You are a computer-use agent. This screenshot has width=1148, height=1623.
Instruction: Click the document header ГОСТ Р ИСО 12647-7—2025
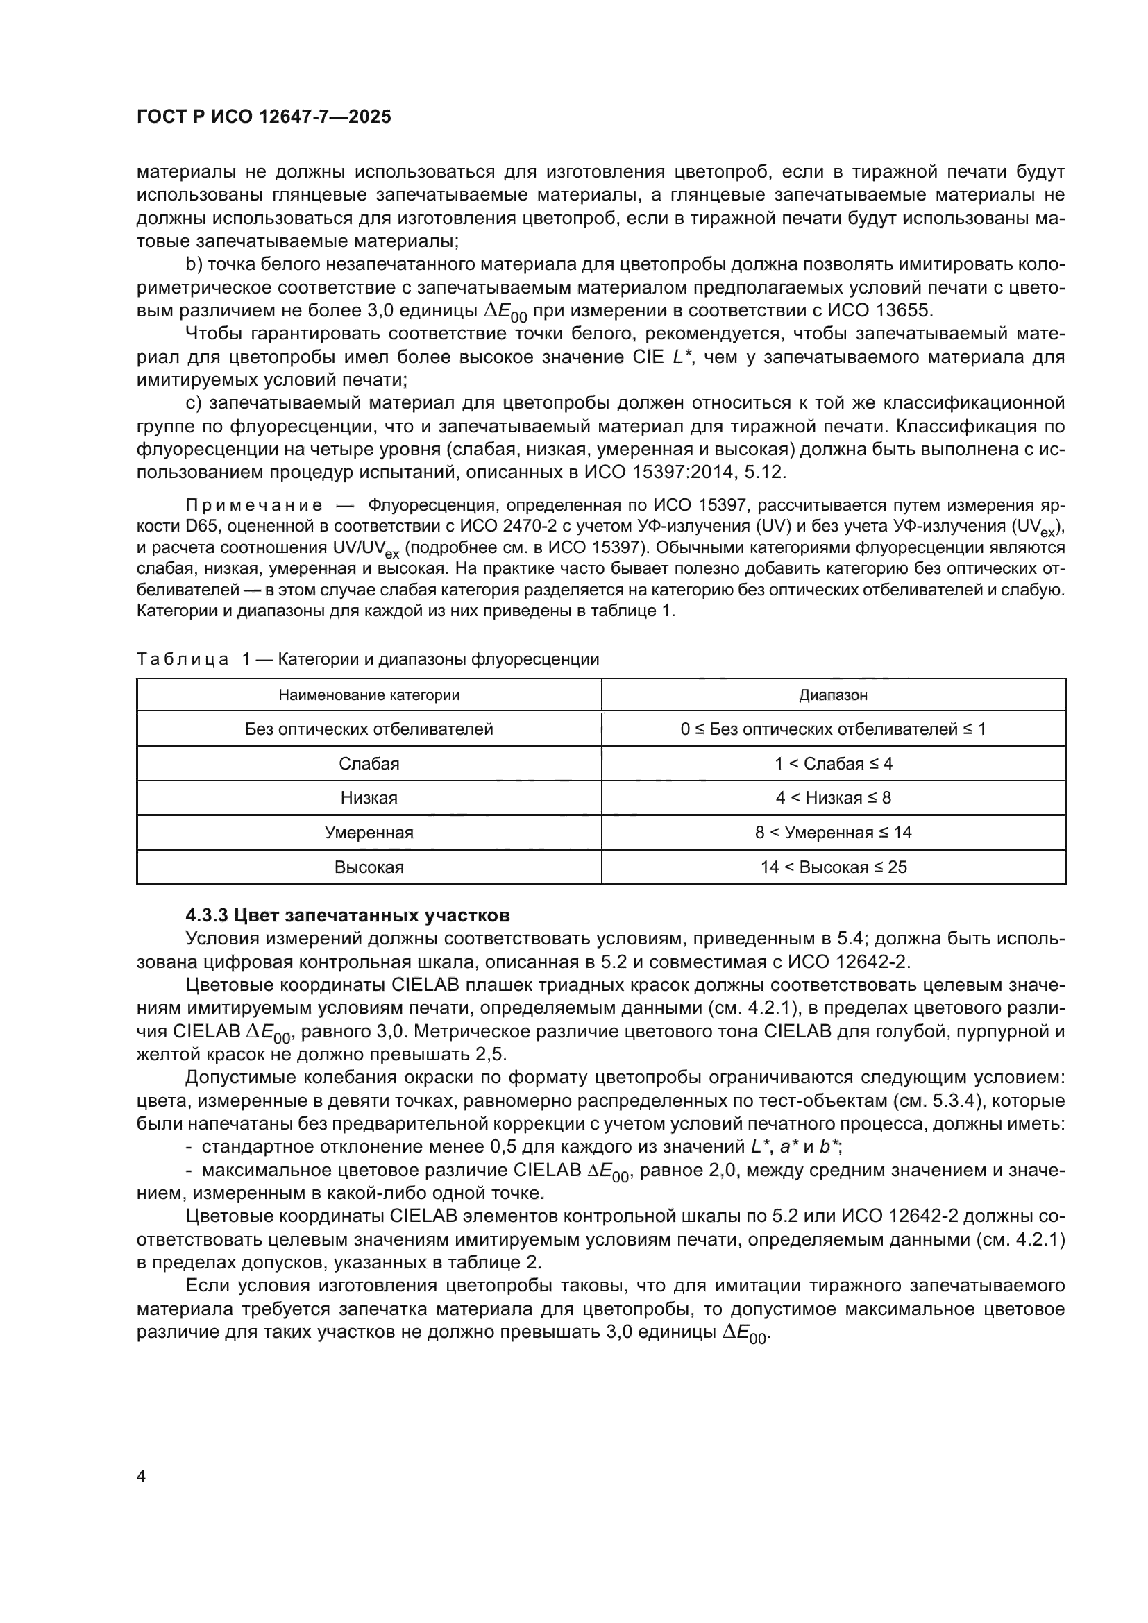coord(264,117)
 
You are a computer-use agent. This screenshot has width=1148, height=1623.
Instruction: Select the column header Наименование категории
coord(369,695)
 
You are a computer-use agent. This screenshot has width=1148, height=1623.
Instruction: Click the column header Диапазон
coord(834,695)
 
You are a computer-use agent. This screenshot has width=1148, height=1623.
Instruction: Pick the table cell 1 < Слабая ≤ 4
coord(834,763)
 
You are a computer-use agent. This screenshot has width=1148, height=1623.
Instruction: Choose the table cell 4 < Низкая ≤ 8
coord(834,798)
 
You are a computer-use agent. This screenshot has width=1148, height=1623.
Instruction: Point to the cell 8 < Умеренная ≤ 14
coord(834,832)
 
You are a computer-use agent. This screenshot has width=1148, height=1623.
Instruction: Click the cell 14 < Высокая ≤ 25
coord(834,867)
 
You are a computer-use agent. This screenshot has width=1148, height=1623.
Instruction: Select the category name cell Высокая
coord(369,867)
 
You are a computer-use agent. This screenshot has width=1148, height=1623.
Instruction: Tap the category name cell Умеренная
coord(369,832)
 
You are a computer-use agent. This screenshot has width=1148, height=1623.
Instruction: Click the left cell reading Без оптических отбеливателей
coord(369,729)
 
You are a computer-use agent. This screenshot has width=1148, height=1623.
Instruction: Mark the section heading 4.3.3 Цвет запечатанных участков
coord(347,915)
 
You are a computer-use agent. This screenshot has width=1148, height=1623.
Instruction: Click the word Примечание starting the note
coord(254,505)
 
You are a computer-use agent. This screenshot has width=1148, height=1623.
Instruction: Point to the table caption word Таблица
coord(183,659)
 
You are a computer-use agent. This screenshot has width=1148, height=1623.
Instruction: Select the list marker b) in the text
coord(194,264)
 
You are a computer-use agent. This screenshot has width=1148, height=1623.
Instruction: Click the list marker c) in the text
coord(194,404)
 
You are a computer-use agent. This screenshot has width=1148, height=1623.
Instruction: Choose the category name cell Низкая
coord(369,798)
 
